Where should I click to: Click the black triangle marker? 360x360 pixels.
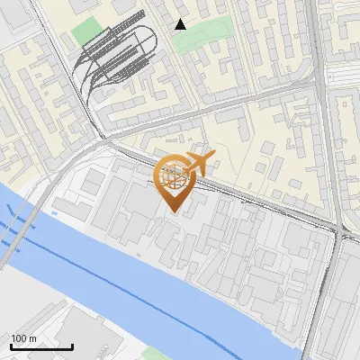(180, 24)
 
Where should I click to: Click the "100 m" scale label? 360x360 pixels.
(23, 338)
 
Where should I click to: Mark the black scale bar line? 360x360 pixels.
(41, 346)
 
